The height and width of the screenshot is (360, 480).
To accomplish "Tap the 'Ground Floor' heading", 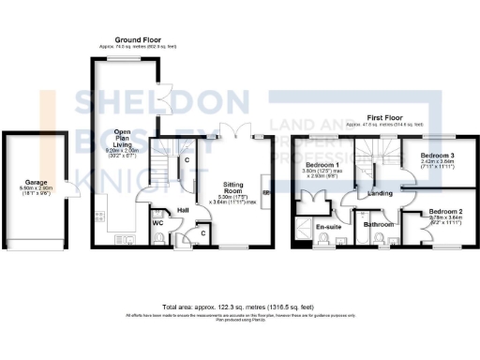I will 135,39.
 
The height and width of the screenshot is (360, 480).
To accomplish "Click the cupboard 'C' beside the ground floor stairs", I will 186,160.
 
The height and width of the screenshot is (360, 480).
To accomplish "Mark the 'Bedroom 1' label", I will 322,166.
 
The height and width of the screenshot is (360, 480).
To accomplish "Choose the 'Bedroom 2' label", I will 447,212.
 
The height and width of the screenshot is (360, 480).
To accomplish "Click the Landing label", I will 381,193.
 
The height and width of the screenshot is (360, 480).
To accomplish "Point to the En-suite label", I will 325,227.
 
